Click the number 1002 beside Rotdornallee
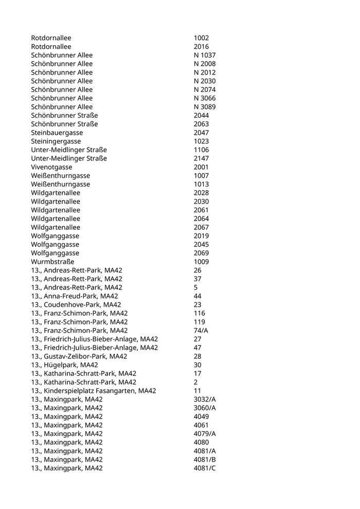coord(201,38)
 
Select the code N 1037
coord(205,55)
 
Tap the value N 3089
coord(205,107)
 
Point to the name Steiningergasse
coord(56,141)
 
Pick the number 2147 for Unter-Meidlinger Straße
coord(201,158)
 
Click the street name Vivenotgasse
coord(51,167)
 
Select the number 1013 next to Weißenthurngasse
coord(201,184)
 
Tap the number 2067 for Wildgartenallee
coord(201,227)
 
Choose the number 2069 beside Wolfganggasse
coord(201,253)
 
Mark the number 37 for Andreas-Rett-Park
coord(197,279)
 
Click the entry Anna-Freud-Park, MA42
coord(74,296)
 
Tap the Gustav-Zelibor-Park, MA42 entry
coord(79,356)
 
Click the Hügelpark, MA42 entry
coord(64,365)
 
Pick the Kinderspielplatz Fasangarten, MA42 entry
coord(93,391)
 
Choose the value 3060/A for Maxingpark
coord(205,408)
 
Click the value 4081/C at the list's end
coord(205,468)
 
